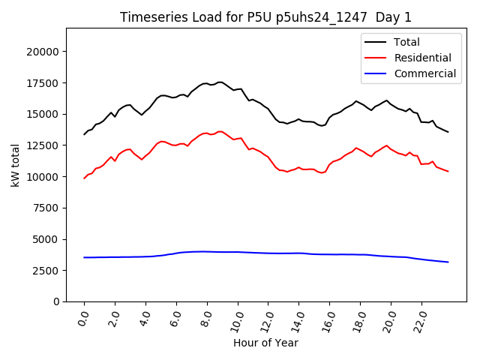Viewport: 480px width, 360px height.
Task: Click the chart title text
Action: pyautogui.click(x=266, y=17)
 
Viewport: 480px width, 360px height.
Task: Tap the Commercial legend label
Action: pyautogui.click(x=425, y=73)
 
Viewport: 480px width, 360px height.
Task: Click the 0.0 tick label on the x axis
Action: pyautogui.click(x=84, y=319)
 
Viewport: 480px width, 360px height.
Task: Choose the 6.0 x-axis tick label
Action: pyautogui.click(x=176, y=319)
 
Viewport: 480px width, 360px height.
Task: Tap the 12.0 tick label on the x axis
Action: pyautogui.click(x=268, y=319)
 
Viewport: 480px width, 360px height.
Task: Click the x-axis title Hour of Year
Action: pyautogui.click(x=265, y=343)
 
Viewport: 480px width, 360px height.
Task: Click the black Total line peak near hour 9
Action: pyautogui.click(x=220, y=82)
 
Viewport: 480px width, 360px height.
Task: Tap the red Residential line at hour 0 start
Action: pyautogui.click(x=85, y=178)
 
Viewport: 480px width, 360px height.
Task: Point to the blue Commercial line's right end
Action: pyautogui.click(x=448, y=262)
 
